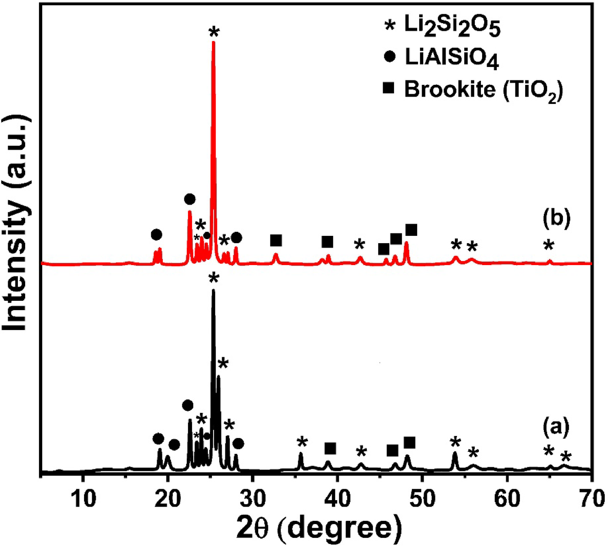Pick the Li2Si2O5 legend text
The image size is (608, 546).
coord(452,27)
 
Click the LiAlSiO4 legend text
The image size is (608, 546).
coord(451,58)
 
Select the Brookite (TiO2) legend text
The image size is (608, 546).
coord(483,90)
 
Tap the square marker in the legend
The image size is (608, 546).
coord(389,88)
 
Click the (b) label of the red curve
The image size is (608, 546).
coord(556,218)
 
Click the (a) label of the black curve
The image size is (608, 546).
coord(556,427)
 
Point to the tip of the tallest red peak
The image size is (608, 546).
coord(213,43)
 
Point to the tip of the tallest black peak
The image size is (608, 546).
coord(213,291)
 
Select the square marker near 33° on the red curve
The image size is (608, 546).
coord(276,240)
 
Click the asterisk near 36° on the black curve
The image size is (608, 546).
coord(302,443)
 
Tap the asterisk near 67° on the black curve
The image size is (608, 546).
coord(565,458)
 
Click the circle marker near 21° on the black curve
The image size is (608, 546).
coord(174,445)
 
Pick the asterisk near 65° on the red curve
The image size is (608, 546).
coord(548,246)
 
